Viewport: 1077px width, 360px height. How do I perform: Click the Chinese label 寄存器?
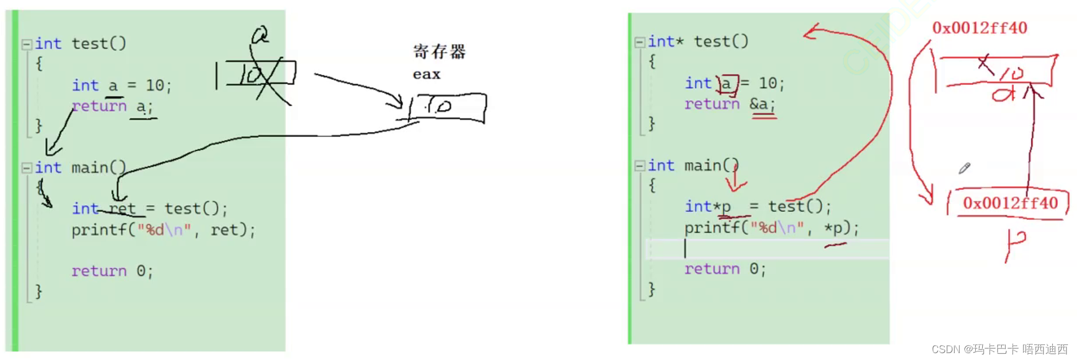click(439, 52)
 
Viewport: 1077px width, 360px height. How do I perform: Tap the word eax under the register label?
click(426, 75)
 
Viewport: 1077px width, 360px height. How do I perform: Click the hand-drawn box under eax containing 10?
click(448, 107)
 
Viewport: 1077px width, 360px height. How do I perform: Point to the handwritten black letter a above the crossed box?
click(260, 36)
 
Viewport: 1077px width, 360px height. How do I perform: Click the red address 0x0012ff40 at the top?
click(979, 28)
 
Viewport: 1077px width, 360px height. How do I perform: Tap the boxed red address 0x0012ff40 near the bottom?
click(1010, 203)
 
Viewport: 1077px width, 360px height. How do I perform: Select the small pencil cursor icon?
click(964, 168)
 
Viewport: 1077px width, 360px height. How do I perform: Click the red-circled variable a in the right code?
click(727, 84)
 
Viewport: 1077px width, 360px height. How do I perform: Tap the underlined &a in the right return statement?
click(762, 104)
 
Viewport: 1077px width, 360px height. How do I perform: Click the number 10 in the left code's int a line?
click(155, 86)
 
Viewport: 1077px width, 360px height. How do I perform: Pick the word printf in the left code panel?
click(99, 230)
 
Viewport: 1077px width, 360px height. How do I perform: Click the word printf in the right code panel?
click(712, 228)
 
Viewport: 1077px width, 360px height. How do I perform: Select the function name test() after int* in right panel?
click(721, 41)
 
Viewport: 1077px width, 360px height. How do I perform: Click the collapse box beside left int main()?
click(26, 168)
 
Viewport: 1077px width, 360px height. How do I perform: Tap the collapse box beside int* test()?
click(640, 42)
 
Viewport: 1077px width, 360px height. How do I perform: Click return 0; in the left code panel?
click(112, 271)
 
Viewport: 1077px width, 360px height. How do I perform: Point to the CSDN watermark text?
click(999, 349)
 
